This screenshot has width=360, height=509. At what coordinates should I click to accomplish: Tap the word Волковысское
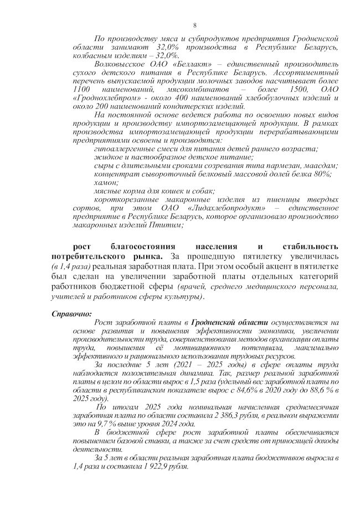120,64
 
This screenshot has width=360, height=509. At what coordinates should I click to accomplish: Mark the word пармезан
262,165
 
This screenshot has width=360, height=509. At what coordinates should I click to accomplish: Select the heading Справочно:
71,314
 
